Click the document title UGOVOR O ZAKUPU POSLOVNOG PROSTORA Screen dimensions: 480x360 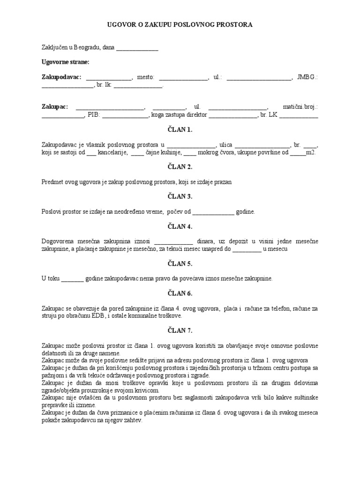180,25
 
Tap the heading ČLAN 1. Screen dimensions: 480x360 180,130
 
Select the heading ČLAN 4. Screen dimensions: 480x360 180,227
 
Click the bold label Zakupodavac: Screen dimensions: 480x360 61,77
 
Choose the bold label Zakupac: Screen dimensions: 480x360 55,107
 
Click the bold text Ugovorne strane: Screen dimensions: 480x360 65,62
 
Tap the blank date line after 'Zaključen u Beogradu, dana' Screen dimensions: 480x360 137,47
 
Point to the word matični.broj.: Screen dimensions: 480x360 300,107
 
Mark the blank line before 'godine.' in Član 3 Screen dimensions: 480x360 213,212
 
